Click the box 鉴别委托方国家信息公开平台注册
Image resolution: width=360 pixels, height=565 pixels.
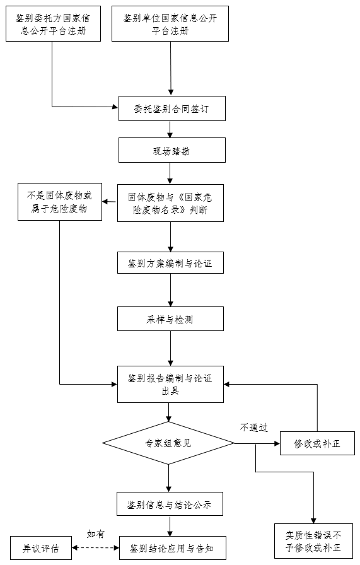53,24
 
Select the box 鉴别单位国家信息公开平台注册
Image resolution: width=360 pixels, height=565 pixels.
170,24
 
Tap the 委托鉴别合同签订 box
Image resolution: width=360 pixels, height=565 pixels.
172,108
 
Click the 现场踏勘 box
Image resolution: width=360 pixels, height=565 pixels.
172,150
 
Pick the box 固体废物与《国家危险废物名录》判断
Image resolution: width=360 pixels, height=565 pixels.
170,203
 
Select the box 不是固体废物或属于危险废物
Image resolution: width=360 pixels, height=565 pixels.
60,202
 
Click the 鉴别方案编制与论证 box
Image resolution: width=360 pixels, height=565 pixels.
170,263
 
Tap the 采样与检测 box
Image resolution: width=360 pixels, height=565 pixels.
170,319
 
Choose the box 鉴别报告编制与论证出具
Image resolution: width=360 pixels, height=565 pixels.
170,385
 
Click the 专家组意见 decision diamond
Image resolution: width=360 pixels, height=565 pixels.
168,443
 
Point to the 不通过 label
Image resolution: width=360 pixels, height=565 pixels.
253,428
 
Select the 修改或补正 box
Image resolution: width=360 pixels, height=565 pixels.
317,443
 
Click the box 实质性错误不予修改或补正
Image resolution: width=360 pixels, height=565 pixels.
313,541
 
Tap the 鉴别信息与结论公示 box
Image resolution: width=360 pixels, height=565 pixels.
170,504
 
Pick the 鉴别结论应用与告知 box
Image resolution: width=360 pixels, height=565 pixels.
173,548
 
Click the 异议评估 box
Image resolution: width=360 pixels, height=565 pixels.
41,548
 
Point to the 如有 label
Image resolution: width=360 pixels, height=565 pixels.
95,534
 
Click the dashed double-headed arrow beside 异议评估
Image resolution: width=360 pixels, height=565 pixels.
95,548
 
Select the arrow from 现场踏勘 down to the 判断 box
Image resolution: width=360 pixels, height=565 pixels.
170,173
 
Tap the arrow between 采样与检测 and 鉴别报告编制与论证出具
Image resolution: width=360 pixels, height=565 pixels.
170,349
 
